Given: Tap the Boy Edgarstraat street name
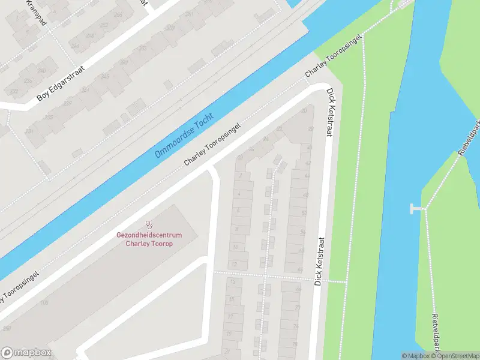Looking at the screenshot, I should tap(61, 83).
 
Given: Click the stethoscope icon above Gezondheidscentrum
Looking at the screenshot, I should tap(149, 226).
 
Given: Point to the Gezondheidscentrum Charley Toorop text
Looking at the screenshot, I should tap(149, 239).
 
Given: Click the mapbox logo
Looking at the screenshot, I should tap(26, 353).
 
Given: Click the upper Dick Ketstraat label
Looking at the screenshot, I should tap(329, 112).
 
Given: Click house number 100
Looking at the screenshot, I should tap(44, 302).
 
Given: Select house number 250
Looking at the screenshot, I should tap(7, 328).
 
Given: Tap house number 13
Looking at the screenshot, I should tap(233, 281).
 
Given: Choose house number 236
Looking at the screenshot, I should tap(28, 81).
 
